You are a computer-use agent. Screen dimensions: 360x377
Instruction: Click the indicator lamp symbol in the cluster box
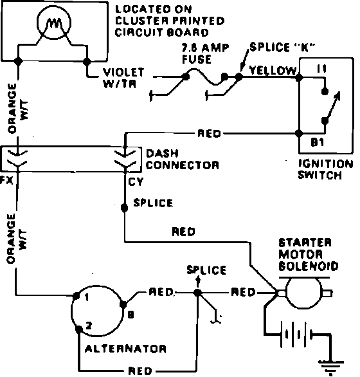pyautogui.click(x=54, y=23)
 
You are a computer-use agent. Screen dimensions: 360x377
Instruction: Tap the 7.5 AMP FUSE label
pyautogui.click(x=205, y=53)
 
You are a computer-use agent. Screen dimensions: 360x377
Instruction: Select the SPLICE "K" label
pyautogui.click(x=282, y=47)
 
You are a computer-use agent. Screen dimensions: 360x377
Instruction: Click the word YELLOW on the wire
pyautogui.click(x=273, y=71)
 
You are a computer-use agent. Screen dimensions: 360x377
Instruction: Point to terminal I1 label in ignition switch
pyautogui.click(x=322, y=69)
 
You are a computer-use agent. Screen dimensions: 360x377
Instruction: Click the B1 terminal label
pyautogui.click(x=318, y=143)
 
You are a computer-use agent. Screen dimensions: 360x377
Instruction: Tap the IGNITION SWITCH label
pyautogui.click(x=326, y=169)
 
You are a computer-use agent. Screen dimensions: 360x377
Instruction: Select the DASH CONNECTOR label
pyautogui.click(x=183, y=160)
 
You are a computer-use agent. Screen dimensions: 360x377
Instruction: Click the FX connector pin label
pyautogui.click(x=6, y=180)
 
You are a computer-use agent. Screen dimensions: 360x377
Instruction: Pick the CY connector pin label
pyautogui.click(x=136, y=182)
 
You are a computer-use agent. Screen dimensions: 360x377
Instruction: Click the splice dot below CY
pyautogui.click(x=124, y=208)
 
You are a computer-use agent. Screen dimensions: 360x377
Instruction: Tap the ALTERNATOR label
pyautogui.click(x=125, y=349)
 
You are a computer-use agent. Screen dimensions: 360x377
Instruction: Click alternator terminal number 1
pyautogui.click(x=87, y=298)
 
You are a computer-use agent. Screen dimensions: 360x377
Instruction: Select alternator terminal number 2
pyautogui.click(x=89, y=326)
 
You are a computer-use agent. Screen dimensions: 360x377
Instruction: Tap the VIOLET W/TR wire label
pyautogui.click(x=123, y=78)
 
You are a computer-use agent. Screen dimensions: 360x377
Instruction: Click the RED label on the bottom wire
pyautogui.click(x=140, y=371)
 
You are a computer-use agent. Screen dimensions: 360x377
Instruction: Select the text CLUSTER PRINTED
pyautogui.click(x=170, y=21)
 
